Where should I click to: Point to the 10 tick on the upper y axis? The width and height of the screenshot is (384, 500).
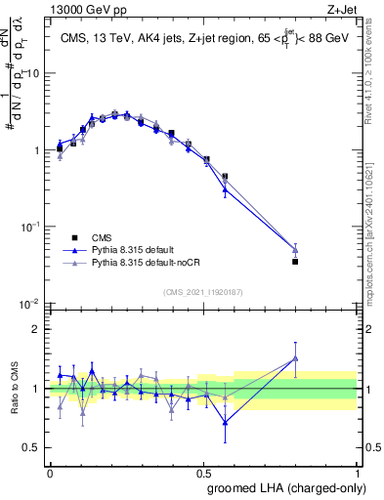[x=34, y=73]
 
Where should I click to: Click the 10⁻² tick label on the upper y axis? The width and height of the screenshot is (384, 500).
[x=31, y=303]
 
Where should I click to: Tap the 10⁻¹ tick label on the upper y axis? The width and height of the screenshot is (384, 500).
[x=31, y=227]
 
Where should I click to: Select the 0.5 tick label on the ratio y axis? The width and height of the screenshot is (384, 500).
[x=33, y=447]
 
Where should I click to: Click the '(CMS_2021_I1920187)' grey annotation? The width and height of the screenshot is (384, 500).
[x=202, y=290]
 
